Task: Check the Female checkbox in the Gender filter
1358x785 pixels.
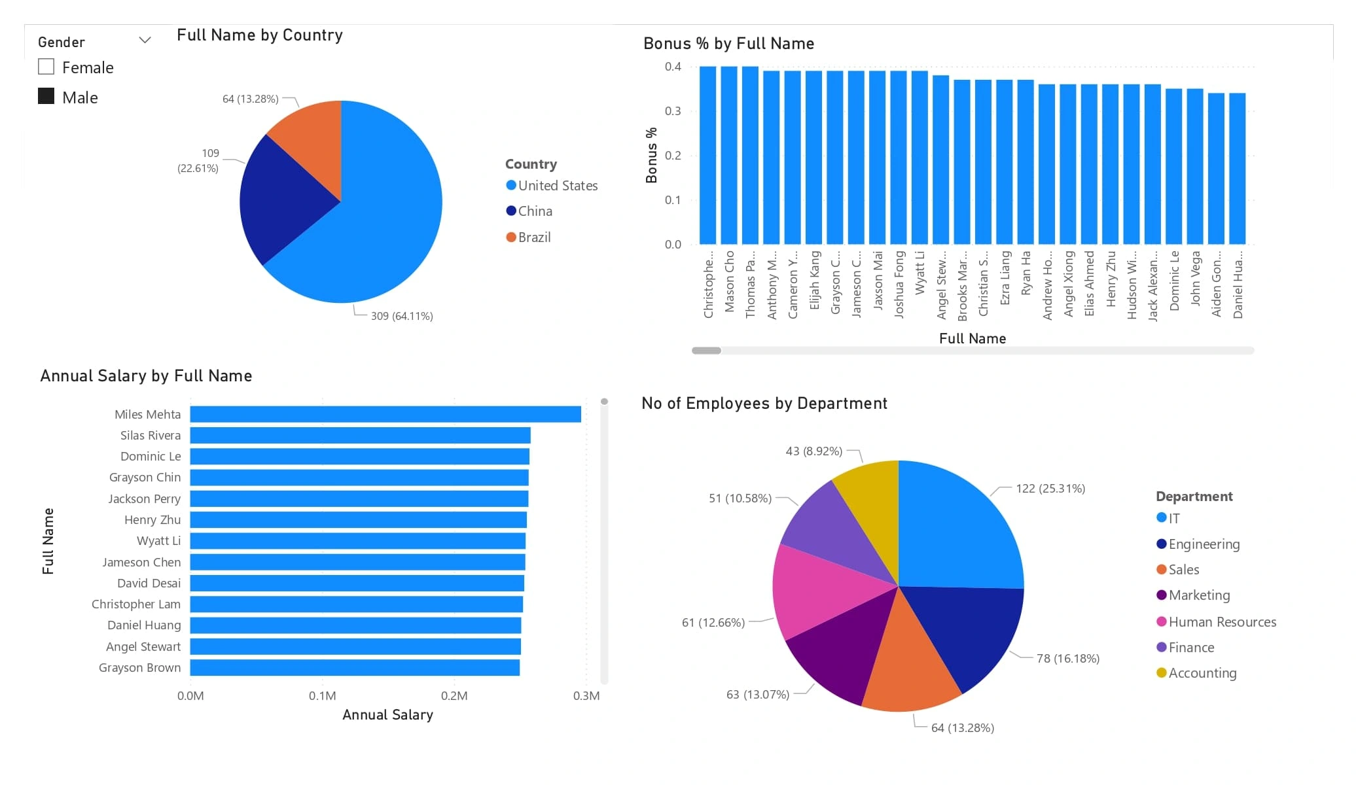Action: coord(46,67)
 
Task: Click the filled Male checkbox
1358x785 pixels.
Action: coord(46,96)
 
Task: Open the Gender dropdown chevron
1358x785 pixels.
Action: coord(145,41)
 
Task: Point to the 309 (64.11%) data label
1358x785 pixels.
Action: coord(401,316)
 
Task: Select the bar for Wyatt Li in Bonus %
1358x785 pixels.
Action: coord(920,157)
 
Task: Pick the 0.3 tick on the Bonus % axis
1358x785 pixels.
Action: coord(673,111)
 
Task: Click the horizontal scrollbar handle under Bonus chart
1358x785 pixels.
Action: coord(706,351)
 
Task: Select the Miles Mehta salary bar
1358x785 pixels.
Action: coord(385,414)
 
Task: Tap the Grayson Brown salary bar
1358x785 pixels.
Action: coord(355,667)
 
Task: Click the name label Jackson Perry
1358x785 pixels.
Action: coord(144,498)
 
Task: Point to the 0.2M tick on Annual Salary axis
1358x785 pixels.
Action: coord(454,695)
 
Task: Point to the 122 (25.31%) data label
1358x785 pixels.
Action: coord(1050,489)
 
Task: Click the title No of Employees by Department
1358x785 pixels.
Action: coord(764,403)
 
